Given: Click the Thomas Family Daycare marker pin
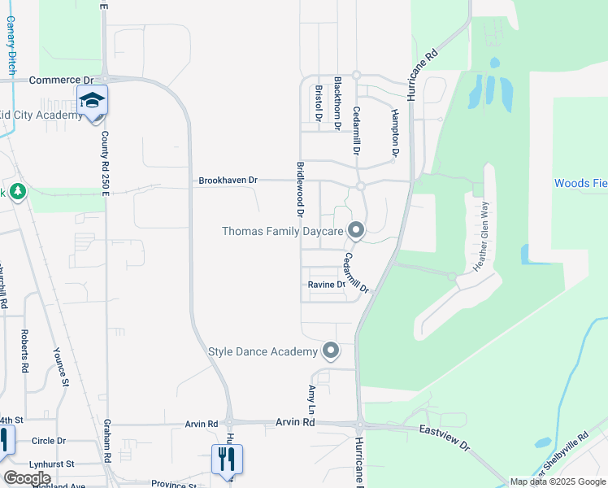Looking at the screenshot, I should click(355, 232).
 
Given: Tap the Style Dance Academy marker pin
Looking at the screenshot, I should click(330, 351).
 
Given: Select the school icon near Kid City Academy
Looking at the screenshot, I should click(93, 101).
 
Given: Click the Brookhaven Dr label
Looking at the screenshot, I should click(228, 180).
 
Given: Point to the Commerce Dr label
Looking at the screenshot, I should click(61, 81).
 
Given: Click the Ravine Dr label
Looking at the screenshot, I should click(327, 285).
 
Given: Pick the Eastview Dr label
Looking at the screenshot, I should click(444, 438).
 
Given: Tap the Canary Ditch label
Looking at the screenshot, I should click(11, 44).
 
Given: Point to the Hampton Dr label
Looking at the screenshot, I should click(395, 132).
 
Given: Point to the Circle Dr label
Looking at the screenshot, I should click(49, 441).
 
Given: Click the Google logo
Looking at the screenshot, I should click(26, 478).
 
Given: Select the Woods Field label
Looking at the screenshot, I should click(580, 183).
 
